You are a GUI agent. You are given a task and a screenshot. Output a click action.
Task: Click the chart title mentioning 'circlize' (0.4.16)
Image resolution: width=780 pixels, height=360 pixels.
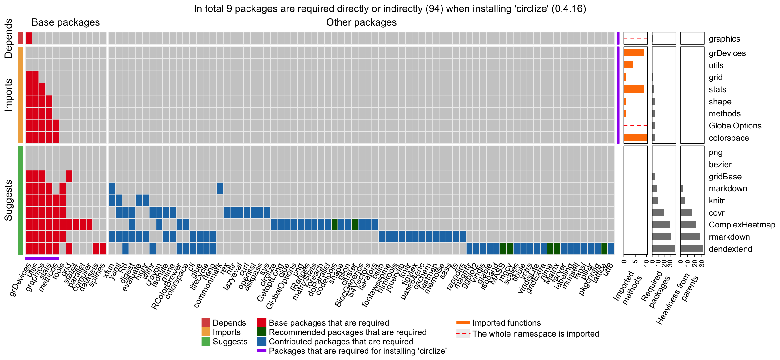coord(390,8)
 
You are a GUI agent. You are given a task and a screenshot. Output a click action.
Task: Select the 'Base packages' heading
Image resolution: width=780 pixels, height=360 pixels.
coord(66,22)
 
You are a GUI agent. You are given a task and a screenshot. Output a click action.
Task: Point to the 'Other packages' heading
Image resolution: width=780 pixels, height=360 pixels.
coord(361,22)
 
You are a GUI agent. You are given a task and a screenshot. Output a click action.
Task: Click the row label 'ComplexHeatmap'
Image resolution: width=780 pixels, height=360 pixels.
coord(742,225)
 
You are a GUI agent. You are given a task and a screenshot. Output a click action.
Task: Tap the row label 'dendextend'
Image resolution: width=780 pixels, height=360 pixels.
coord(730,249)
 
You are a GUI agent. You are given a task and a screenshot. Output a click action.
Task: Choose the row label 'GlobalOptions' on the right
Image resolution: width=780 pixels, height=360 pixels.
coord(735,126)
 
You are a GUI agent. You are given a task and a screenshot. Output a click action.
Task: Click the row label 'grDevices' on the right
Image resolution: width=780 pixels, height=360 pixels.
coord(727,53)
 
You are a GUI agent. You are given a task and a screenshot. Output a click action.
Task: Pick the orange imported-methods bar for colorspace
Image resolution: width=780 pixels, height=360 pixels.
coord(635,137)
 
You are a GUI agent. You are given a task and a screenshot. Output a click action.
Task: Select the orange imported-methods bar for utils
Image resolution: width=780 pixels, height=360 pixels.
coord(628,65)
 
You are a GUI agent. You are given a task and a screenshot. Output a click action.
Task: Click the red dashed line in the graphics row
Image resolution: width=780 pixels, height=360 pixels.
coord(635,38)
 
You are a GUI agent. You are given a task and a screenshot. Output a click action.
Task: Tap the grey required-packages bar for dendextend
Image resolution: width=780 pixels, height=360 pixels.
coord(663,249)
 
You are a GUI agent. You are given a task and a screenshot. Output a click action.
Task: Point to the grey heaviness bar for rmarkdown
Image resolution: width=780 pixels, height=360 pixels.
coord(690,237)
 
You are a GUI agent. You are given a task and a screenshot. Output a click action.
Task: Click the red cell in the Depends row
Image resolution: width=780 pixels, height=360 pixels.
coord(29,38)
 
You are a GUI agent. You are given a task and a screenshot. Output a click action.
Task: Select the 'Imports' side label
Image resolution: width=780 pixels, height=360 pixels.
coord(8,95)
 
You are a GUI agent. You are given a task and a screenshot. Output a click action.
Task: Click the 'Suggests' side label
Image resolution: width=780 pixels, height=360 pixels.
coord(8,200)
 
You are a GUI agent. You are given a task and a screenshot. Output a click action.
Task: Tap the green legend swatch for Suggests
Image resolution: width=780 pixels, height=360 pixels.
coord(206,341)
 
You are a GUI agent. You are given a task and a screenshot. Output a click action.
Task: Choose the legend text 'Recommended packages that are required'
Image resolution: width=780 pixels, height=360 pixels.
coord(347,332)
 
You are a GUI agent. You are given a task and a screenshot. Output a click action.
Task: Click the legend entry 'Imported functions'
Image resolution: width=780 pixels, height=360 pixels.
coord(506,323)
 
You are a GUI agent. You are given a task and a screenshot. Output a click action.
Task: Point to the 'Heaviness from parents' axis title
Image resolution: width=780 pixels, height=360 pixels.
coord(677,297)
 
